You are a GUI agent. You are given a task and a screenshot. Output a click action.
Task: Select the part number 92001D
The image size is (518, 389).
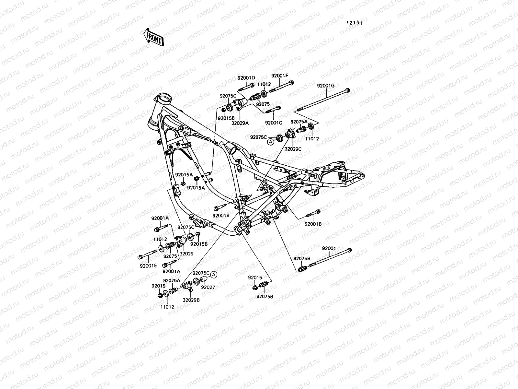pos(246,78)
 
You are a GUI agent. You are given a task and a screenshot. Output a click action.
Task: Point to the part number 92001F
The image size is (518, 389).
pos(279,76)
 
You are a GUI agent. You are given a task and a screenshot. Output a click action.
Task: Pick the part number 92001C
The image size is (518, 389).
pos(273,123)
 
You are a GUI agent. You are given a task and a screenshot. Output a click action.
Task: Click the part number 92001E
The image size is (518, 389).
pos(148,266)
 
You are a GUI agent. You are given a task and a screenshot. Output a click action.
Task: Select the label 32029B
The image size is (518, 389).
pos(191,300)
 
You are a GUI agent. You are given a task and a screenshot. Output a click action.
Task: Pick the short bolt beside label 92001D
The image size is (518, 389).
pos(247,87)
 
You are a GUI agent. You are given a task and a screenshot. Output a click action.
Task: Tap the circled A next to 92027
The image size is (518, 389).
pos(213,275)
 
